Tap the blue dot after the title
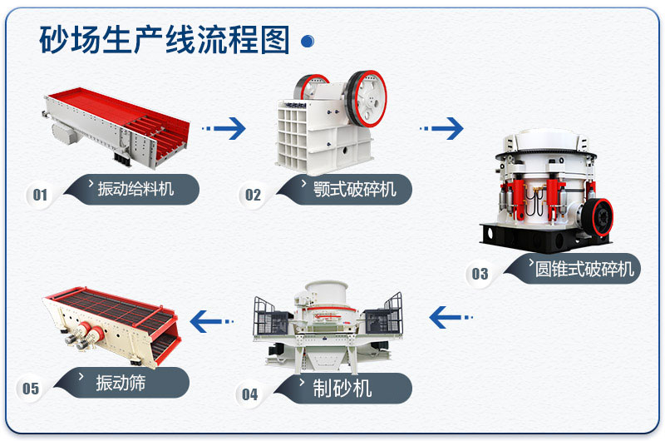(x=307, y=41)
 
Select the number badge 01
(x=39, y=195)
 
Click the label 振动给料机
(x=135, y=188)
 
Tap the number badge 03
(x=480, y=274)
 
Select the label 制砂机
(x=346, y=388)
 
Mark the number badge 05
(x=31, y=389)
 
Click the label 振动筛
(x=124, y=383)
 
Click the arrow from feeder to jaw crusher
(x=226, y=128)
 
